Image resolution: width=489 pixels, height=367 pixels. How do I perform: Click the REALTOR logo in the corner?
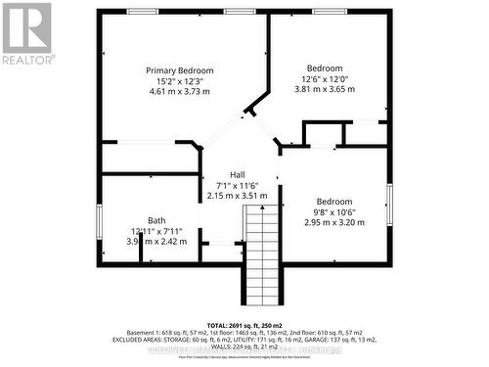26,33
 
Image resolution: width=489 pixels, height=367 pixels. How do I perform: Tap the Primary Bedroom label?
180,70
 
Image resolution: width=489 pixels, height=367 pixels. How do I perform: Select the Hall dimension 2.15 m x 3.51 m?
238,196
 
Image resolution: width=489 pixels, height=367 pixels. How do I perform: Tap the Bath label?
156,220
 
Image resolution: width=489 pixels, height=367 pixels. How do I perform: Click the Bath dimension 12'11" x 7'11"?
156,231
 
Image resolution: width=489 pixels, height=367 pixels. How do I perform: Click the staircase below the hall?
261,258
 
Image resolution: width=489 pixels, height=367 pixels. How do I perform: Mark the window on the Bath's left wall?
99,220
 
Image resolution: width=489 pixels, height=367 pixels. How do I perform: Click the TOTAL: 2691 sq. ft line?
244,324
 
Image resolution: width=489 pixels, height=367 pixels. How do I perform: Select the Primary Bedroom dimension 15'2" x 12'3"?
180,82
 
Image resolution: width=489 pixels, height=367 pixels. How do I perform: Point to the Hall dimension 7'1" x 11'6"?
238,185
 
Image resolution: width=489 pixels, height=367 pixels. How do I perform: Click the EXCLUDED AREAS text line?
244,340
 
